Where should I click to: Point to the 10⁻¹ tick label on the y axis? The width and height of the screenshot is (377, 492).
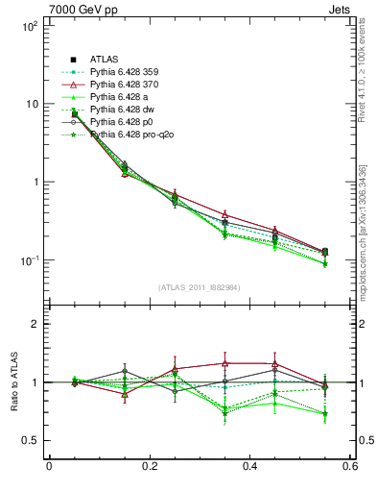coord(29,260)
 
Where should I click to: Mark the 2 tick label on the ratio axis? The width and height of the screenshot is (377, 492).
coord(35,324)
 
